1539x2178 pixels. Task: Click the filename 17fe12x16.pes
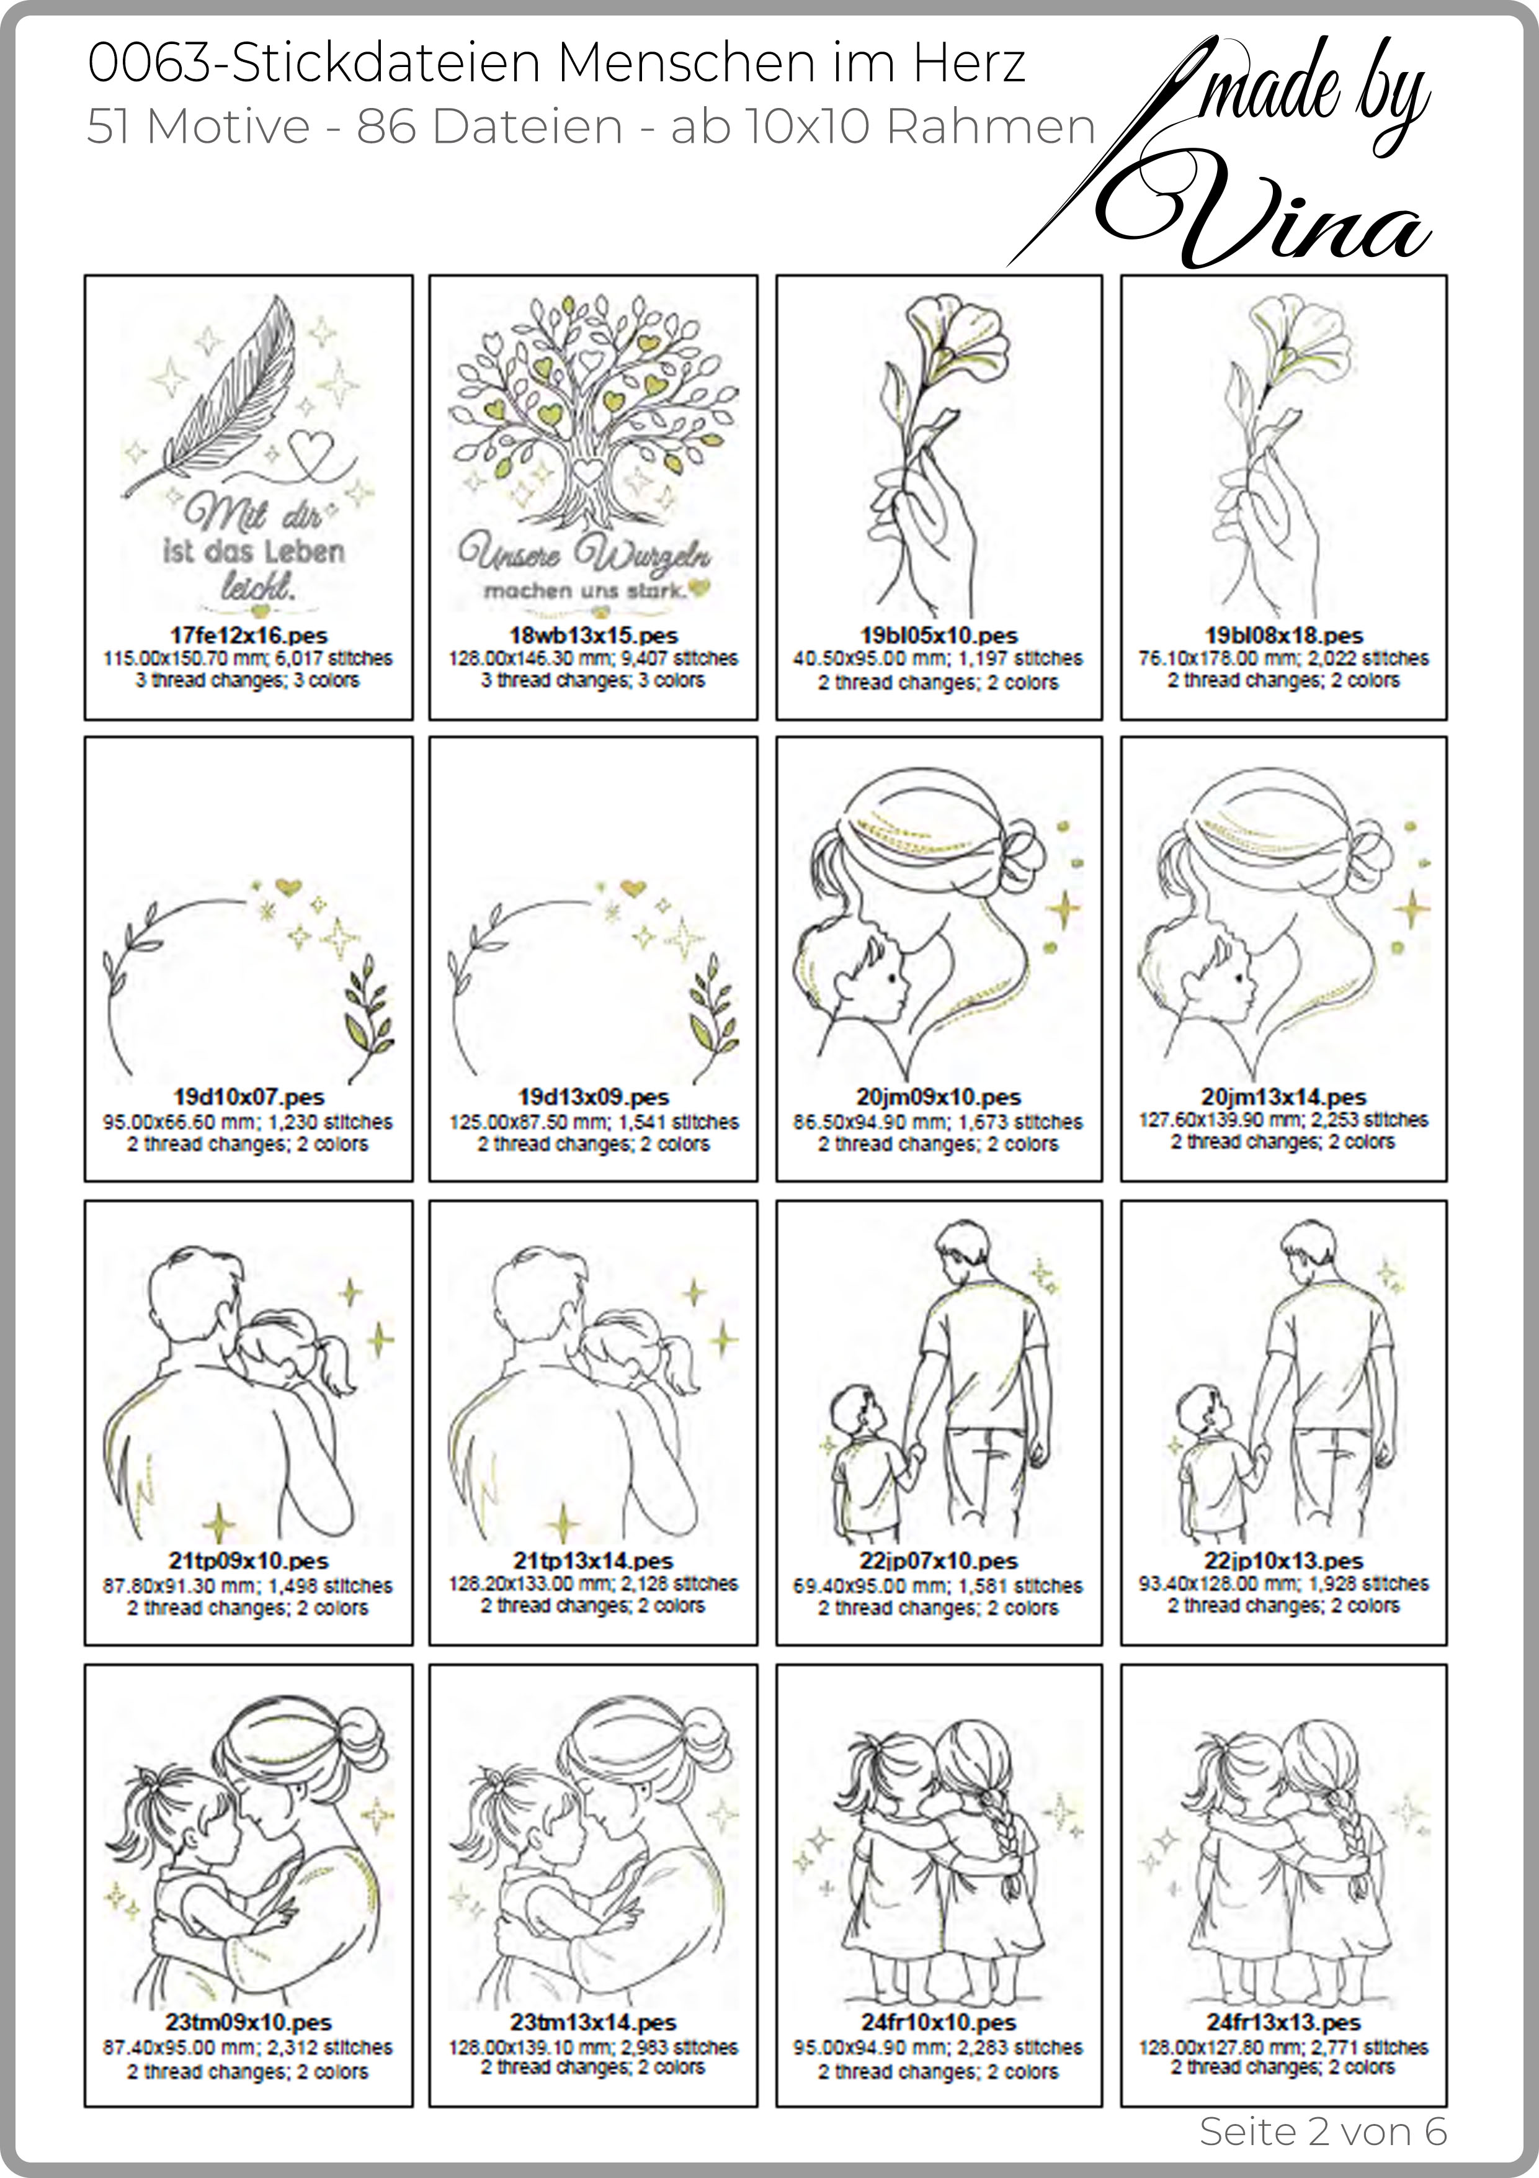click(249, 636)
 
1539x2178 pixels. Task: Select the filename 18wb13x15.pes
click(594, 636)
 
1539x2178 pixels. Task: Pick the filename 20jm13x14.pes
click(1284, 1097)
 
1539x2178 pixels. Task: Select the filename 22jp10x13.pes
click(1284, 1560)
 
